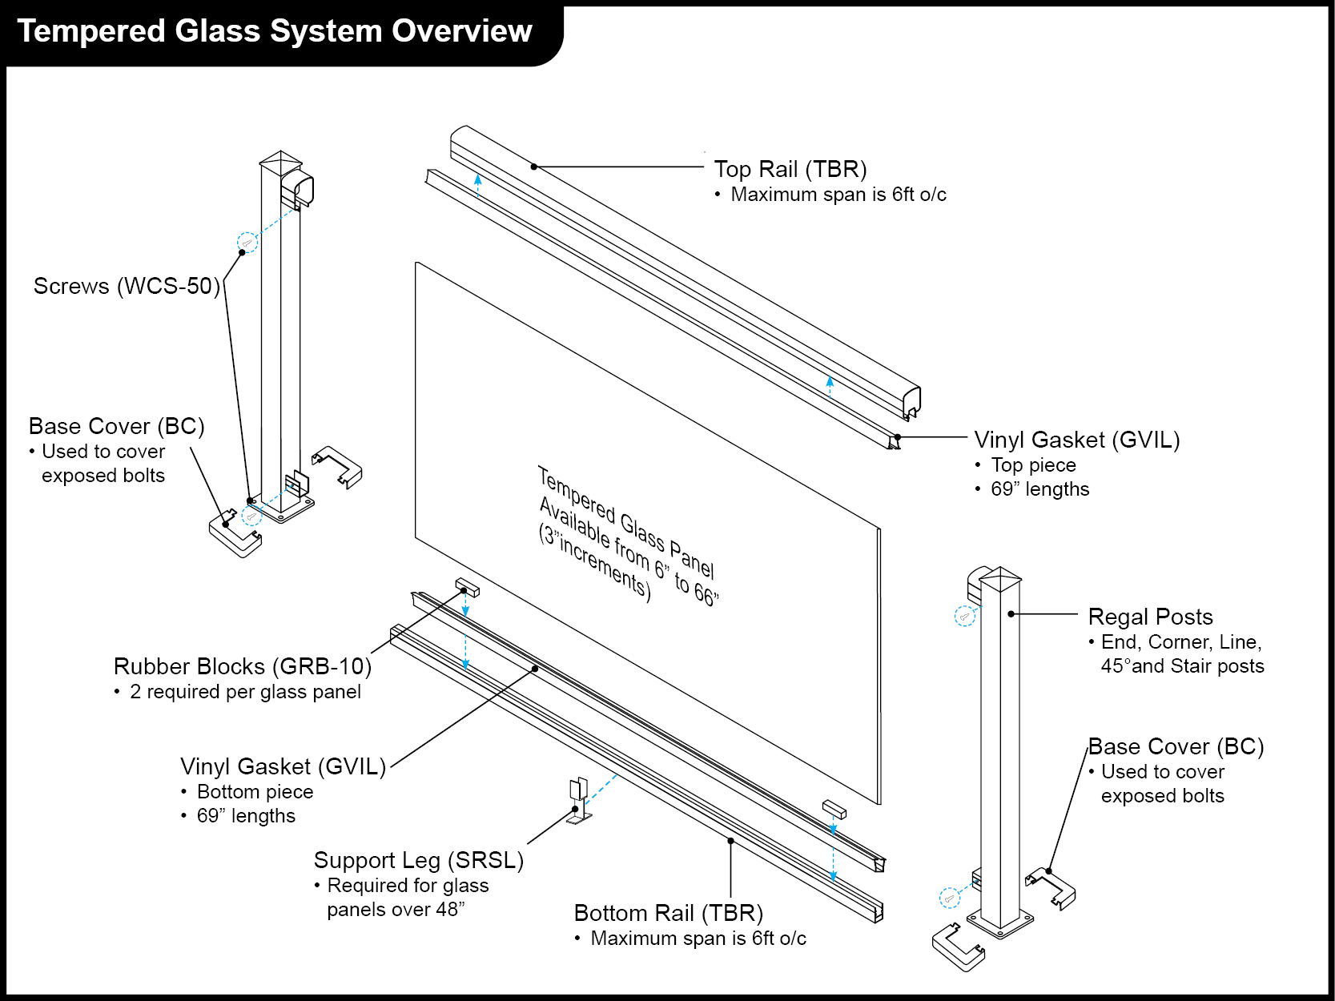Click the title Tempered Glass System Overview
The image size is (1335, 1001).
coord(275,32)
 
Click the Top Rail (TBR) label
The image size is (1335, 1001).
coord(790,170)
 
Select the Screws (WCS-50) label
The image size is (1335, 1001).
coord(127,287)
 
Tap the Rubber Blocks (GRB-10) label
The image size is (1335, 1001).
coord(242,666)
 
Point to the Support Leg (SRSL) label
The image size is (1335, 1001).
coord(418,860)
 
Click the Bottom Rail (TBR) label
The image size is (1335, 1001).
coord(668,913)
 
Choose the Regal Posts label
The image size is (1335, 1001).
coord(1150,617)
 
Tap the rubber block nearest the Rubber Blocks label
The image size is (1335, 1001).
coord(468,589)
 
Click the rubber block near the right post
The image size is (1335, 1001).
coord(834,808)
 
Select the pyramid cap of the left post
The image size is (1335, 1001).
coord(281,158)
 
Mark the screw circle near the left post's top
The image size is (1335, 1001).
coord(247,242)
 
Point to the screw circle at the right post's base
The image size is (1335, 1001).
coord(949,898)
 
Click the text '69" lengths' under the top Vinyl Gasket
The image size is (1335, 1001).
coord(1039,489)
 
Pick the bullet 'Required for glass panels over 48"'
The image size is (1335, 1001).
coord(407,898)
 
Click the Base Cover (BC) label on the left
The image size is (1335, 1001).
coord(117,426)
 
